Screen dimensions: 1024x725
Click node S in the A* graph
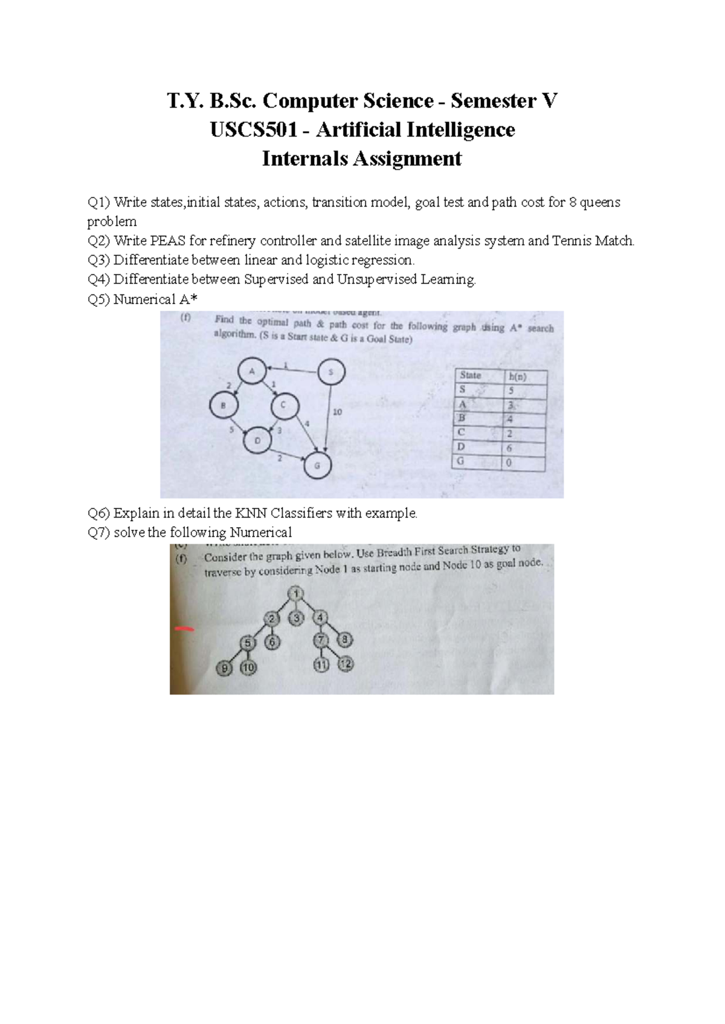click(330, 372)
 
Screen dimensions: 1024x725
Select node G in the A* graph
click(317, 465)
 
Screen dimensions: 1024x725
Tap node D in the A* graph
click(258, 440)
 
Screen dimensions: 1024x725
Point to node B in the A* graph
click(223, 405)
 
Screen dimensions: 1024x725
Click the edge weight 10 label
click(337, 412)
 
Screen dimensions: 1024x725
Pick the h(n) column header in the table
click(518, 377)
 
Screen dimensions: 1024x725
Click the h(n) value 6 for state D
click(509, 449)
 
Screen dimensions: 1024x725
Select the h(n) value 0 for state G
click(509, 463)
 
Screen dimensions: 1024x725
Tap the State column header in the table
click(471, 375)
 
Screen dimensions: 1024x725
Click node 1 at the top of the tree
click(296, 594)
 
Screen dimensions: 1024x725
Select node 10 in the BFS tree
click(248, 668)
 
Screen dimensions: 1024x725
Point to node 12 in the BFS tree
click(345, 664)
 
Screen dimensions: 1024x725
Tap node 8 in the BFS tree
click(344, 639)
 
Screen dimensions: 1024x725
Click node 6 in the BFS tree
click(272, 642)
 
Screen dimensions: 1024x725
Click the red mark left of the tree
click(184, 629)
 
